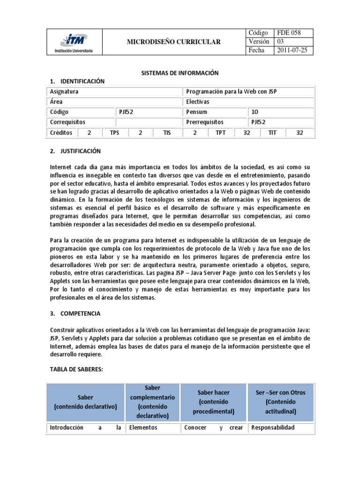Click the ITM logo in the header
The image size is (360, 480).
[74, 42]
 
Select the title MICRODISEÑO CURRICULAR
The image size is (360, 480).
[173, 42]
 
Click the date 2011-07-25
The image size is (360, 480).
[292, 51]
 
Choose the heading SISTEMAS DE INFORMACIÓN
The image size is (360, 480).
[180, 73]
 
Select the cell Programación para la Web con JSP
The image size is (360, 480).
[232, 91]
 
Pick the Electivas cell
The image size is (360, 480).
[198, 102]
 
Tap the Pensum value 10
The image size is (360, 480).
[255, 112]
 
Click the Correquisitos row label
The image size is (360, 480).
[68, 122]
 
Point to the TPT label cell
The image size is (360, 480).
[221, 133]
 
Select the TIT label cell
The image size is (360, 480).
[272, 133]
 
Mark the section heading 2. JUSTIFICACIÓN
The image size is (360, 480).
[75, 151]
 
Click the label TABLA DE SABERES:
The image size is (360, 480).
[76, 369]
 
